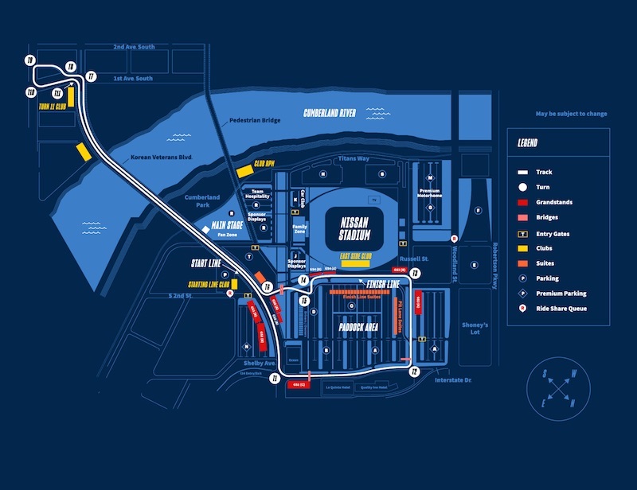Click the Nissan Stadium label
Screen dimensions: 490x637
(355, 229)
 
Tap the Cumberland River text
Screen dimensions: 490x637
(329, 113)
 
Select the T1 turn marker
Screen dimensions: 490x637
(274, 380)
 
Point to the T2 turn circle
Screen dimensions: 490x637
(414, 371)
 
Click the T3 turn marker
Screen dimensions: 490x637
(415, 273)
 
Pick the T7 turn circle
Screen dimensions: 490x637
(92, 76)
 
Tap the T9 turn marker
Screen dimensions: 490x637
(30, 60)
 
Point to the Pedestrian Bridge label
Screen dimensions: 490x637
(255, 121)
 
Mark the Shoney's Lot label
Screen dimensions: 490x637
(475, 329)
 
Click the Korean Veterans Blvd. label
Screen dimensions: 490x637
(162, 158)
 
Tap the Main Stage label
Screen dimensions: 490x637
(227, 227)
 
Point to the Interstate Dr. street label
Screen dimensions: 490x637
(453, 380)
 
